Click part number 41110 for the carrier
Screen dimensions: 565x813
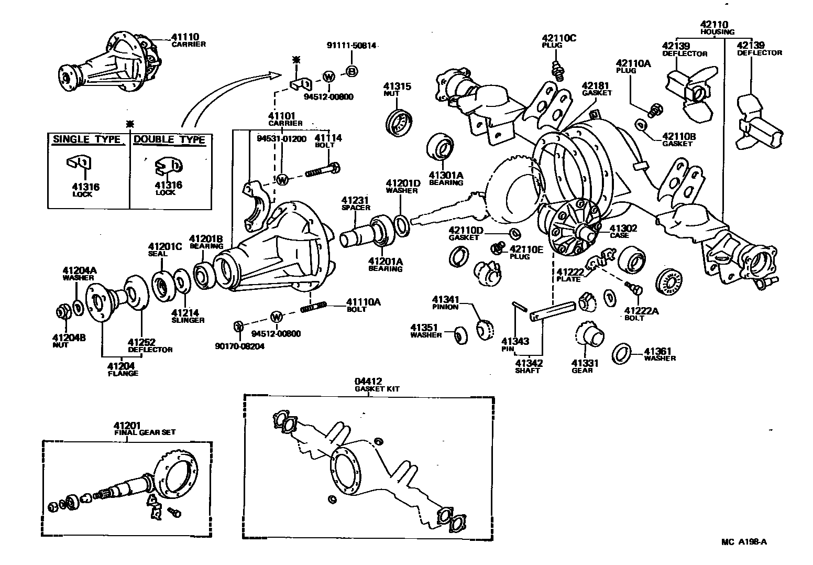(x=185, y=37)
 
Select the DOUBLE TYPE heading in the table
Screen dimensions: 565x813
(x=169, y=140)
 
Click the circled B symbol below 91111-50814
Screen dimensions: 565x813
(x=351, y=71)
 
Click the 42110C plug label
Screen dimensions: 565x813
(x=558, y=38)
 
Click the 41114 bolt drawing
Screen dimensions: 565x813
(x=321, y=171)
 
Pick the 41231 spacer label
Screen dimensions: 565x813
(x=356, y=200)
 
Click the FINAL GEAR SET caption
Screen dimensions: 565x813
(x=145, y=432)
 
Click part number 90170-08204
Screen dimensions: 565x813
(x=240, y=346)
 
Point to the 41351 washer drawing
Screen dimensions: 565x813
(x=460, y=335)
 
